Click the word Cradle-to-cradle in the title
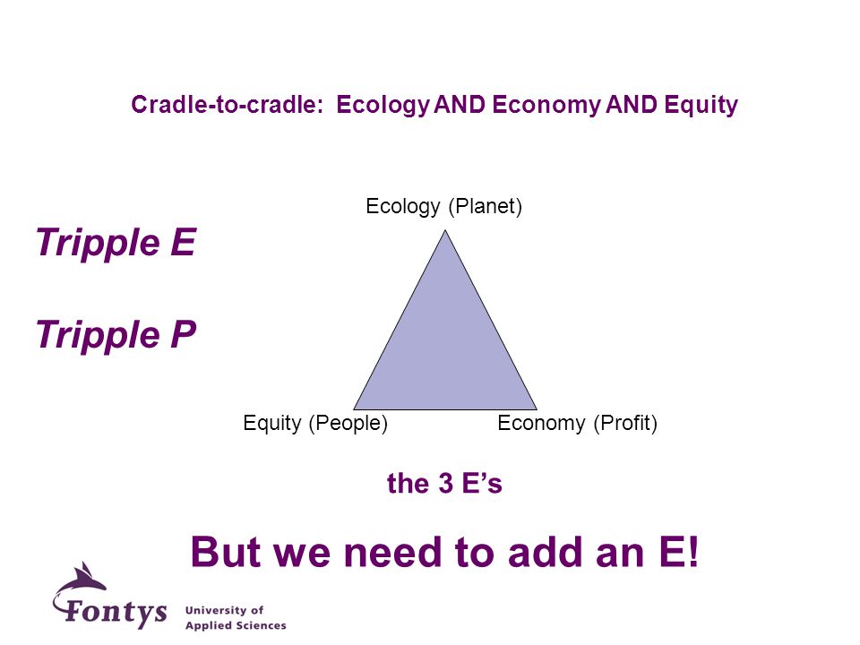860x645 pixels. pos(227,104)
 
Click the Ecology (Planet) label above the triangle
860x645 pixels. pos(443,207)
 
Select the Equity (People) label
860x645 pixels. pos(315,423)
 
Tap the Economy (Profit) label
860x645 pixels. pos(577,423)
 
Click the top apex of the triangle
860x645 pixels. pos(445,230)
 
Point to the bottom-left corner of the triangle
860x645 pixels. pos(354,409)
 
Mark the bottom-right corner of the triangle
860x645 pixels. pos(537,409)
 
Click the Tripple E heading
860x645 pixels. pos(116,243)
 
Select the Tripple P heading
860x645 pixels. pos(116,334)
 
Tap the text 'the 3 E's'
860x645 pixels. pos(444,483)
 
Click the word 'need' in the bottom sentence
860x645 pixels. pos(391,552)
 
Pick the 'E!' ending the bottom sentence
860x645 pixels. pos(678,552)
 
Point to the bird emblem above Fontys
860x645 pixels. pos(82,581)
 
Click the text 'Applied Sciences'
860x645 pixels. pos(236,625)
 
